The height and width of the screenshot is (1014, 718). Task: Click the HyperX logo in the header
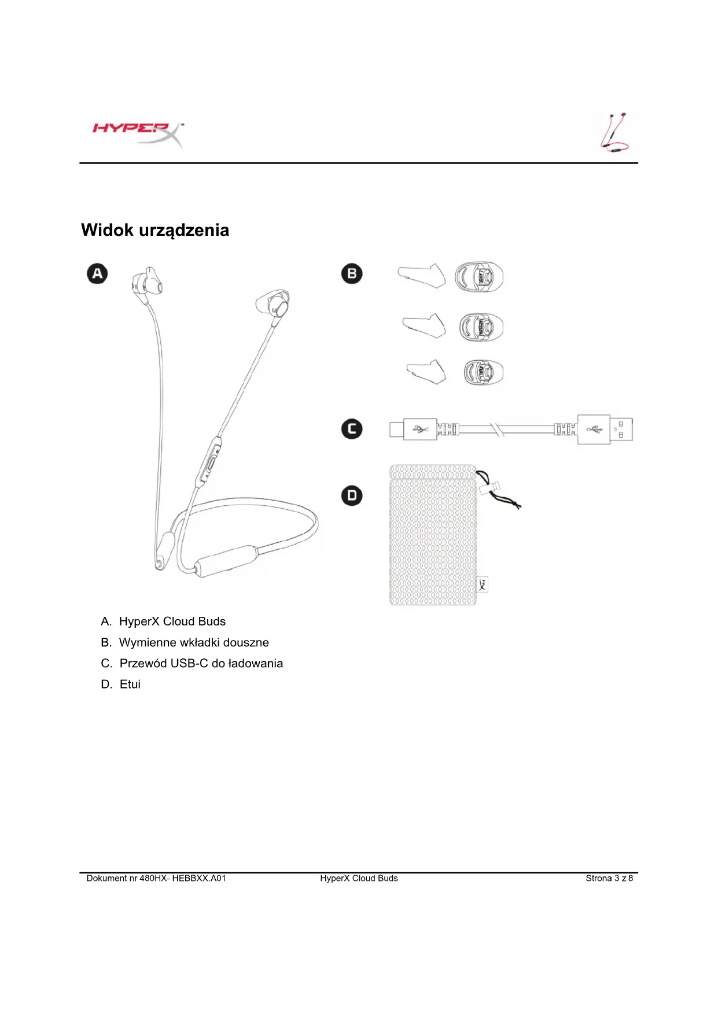[137, 132]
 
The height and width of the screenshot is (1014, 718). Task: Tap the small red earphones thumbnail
[614, 132]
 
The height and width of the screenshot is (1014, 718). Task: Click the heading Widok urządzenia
[155, 230]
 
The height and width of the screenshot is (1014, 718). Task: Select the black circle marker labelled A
[97, 273]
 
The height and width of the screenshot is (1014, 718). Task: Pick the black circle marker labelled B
[352, 273]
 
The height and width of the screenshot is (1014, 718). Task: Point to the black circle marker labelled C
[352, 429]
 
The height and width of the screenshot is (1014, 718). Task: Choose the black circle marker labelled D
[352, 495]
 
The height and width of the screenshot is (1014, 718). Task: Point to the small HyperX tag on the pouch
[483, 584]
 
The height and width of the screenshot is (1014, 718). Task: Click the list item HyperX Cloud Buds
[172, 621]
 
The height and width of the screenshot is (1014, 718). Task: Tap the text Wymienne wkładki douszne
[194, 642]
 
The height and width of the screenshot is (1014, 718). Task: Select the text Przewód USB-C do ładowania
[201, 663]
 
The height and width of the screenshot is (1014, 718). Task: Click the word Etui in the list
[130, 684]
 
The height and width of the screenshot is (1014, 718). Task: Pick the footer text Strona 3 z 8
[609, 878]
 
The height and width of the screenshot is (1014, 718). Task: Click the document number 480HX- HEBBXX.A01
[182, 878]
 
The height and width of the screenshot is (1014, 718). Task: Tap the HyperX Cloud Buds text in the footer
[359, 878]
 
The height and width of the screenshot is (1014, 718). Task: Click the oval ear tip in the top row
[478, 277]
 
